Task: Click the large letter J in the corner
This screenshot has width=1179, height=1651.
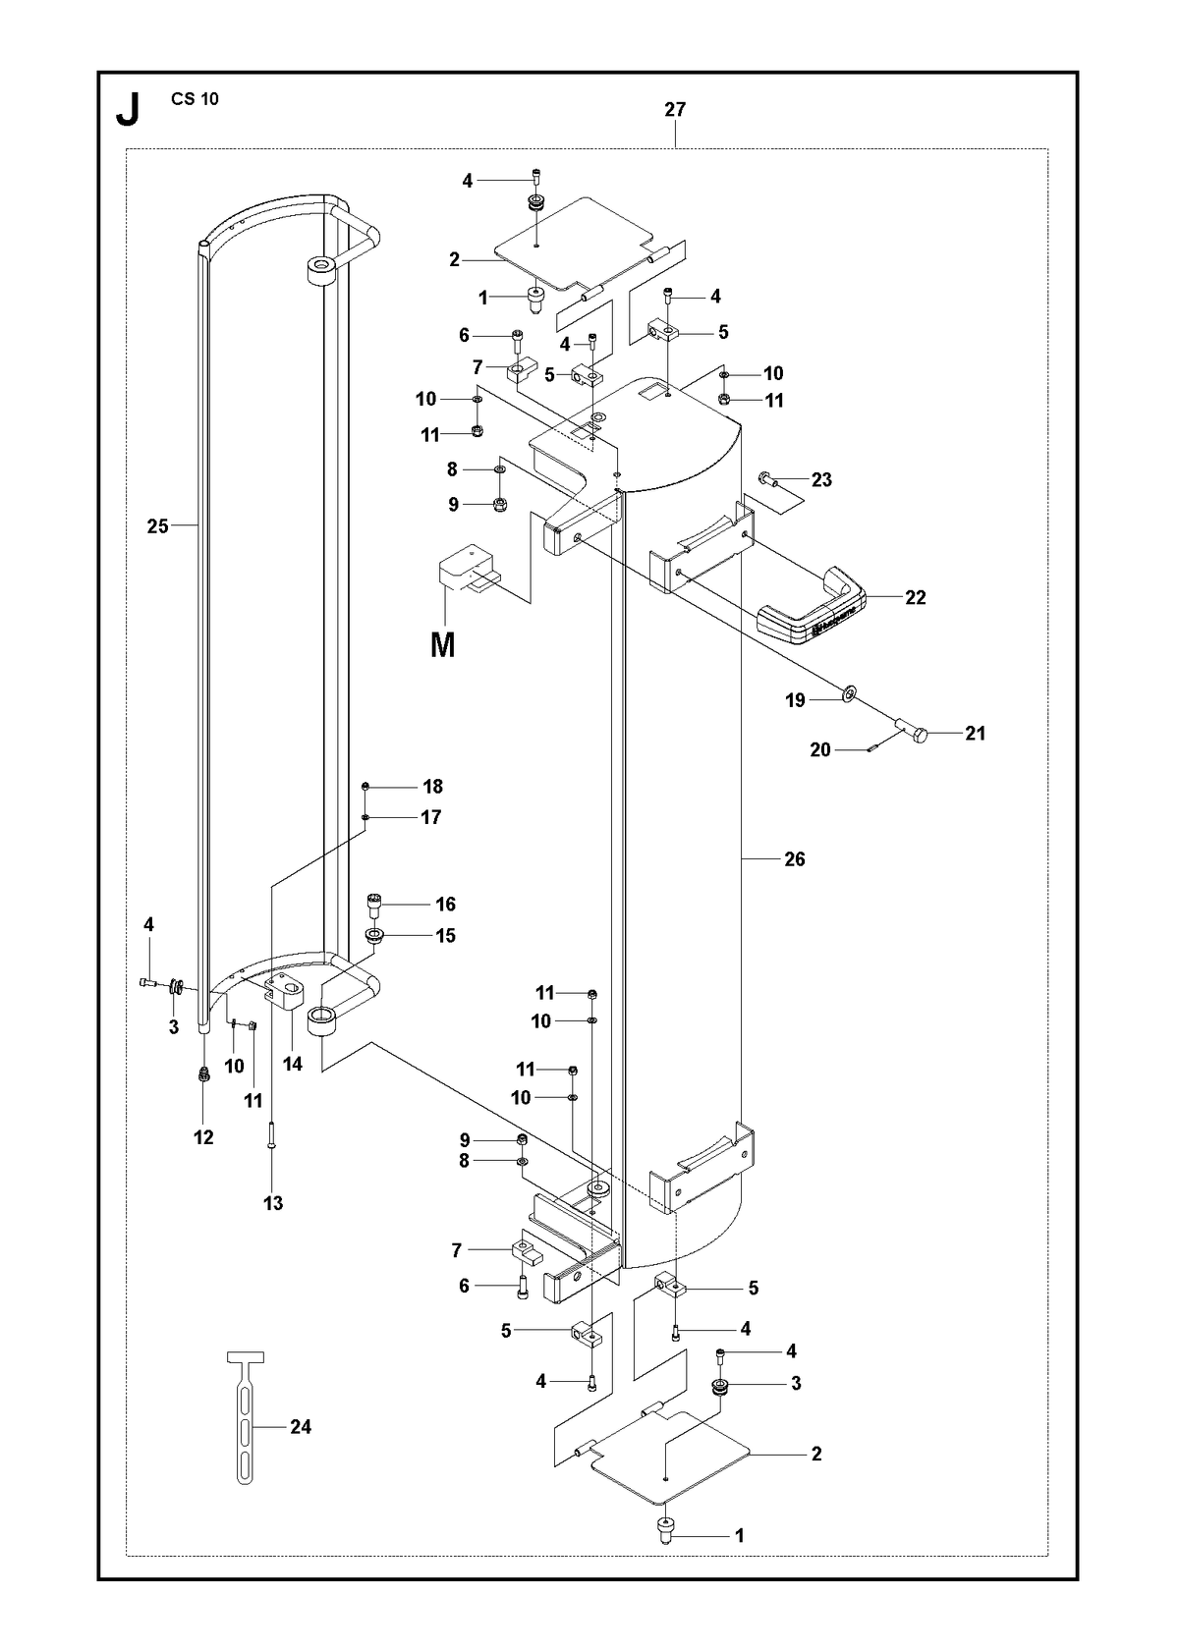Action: [129, 110]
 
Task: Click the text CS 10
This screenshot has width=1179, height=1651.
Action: [195, 99]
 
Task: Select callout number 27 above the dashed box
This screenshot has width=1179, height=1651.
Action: [675, 109]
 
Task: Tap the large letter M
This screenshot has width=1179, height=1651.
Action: [442, 645]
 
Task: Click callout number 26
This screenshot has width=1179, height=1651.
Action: [794, 858]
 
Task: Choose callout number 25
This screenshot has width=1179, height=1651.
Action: [158, 526]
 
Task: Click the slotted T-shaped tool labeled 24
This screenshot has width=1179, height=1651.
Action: [245, 1427]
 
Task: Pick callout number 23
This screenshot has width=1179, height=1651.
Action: [821, 480]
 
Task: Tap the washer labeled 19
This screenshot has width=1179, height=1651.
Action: [850, 692]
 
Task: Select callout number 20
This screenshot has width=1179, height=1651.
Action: [820, 749]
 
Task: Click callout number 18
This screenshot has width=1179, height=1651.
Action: [433, 787]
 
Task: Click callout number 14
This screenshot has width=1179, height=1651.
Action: [293, 1064]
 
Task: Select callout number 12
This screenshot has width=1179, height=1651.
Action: [203, 1137]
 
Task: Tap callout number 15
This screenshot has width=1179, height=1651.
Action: [445, 935]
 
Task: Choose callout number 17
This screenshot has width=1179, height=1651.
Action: [430, 817]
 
